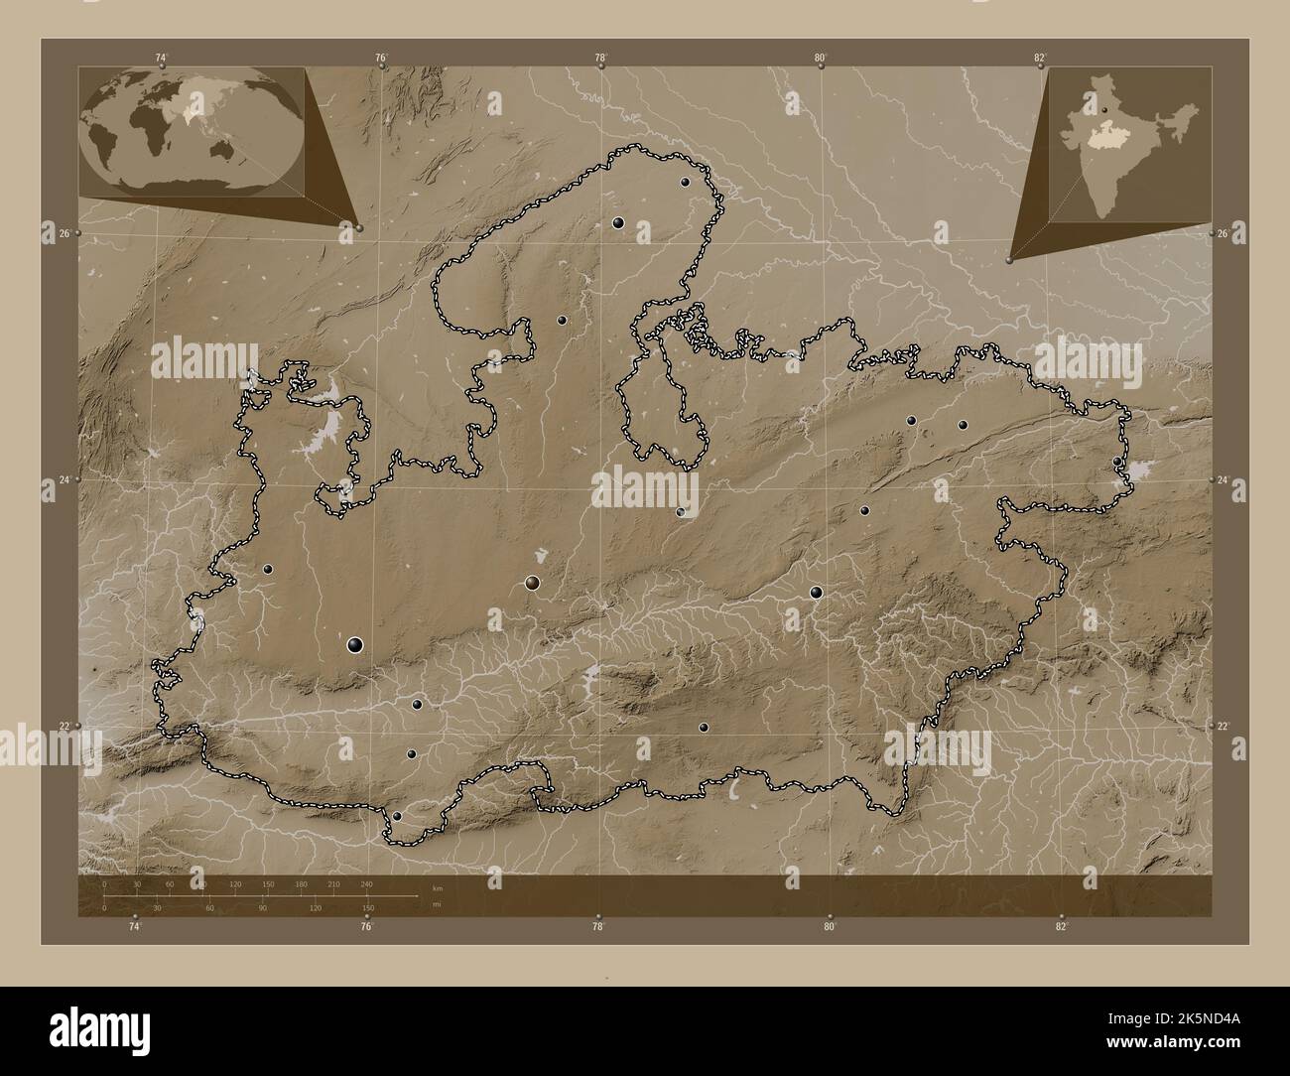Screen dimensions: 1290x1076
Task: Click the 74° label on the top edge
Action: click(162, 58)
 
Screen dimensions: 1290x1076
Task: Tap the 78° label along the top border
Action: click(600, 58)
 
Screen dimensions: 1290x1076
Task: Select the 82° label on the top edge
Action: click(1039, 58)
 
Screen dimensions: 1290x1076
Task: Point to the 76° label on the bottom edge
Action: click(366, 926)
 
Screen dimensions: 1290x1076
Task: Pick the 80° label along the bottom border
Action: click(830, 926)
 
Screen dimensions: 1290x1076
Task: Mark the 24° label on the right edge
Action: click(1224, 480)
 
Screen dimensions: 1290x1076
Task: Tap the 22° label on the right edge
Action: click(1224, 727)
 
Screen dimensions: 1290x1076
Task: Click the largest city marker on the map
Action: click(355, 645)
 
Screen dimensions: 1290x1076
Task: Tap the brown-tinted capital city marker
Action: click(533, 584)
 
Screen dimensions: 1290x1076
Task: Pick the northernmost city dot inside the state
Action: click(685, 183)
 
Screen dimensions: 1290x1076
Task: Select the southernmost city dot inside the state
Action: click(397, 816)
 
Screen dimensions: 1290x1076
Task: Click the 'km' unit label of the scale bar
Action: click(438, 887)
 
